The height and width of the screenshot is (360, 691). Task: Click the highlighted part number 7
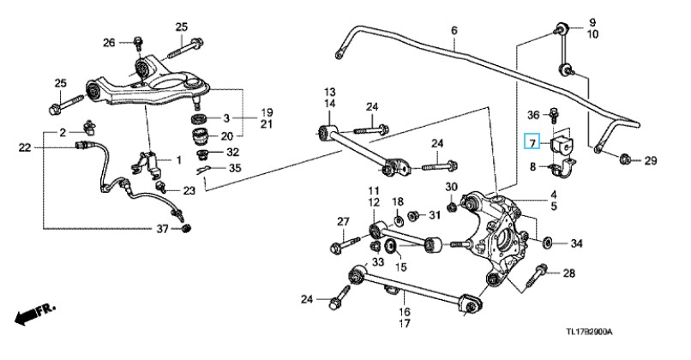(x=532, y=142)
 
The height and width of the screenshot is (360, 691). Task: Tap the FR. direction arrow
(x=35, y=314)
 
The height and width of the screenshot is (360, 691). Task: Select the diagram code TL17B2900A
(x=589, y=332)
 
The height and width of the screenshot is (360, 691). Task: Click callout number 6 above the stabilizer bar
(x=454, y=30)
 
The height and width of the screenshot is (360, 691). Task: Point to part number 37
(x=163, y=229)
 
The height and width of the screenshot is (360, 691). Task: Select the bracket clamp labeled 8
(x=562, y=168)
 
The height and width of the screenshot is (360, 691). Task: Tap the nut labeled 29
(x=624, y=159)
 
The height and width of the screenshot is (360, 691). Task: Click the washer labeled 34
(x=549, y=243)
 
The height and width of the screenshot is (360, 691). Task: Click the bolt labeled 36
(x=553, y=115)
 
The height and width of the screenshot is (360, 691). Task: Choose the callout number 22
(x=25, y=147)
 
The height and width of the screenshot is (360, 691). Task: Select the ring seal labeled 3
(x=200, y=118)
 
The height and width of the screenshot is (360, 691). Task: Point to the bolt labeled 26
(x=138, y=43)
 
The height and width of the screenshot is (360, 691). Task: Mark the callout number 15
(x=400, y=267)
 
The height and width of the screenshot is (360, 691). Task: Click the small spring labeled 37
(x=186, y=228)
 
